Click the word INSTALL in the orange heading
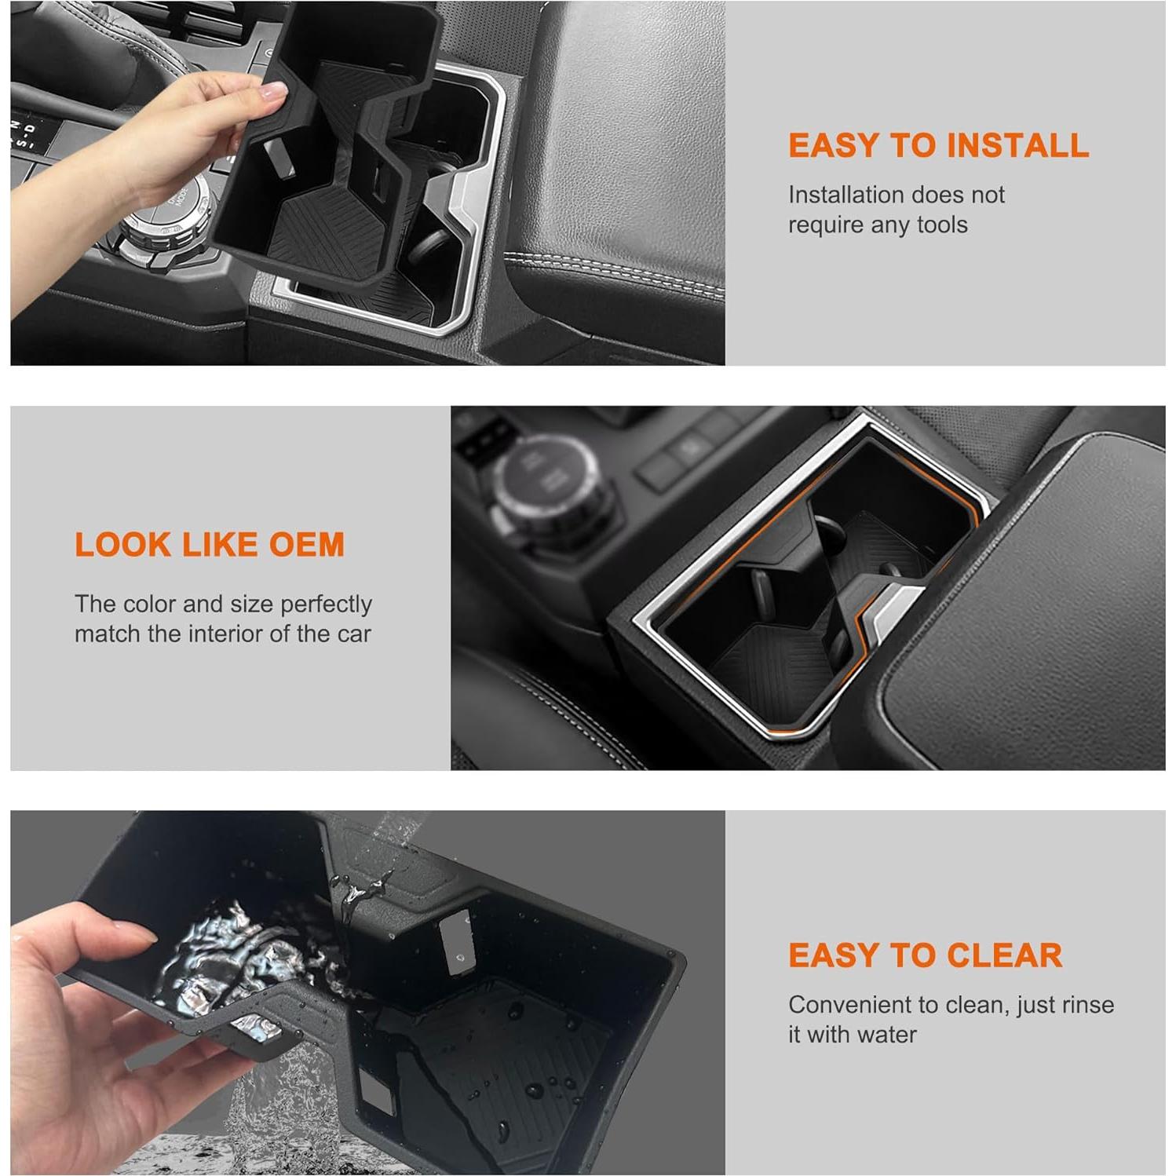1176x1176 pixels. pos(1017,146)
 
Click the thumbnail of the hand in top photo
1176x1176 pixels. pos(273,92)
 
